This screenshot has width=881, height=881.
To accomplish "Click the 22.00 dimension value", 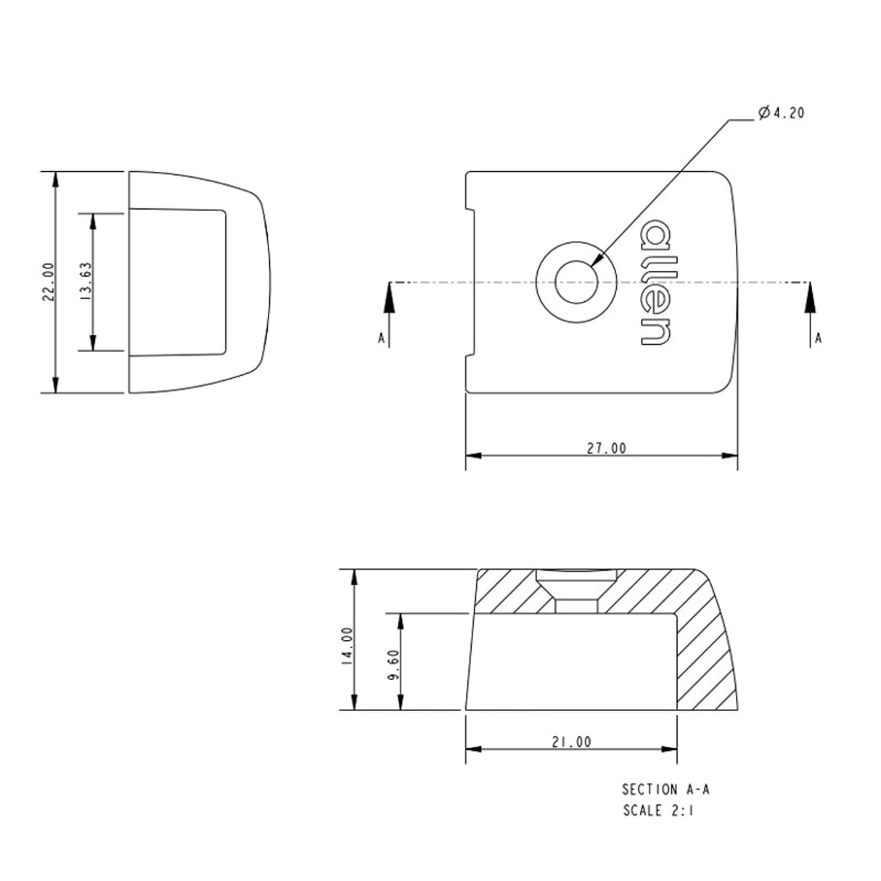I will click(48, 282).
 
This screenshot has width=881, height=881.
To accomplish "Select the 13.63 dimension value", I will click(86, 282).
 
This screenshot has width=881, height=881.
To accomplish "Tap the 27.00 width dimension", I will click(606, 448).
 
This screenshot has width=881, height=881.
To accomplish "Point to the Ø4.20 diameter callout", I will click(780, 113).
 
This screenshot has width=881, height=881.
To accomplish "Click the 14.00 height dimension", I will click(347, 646).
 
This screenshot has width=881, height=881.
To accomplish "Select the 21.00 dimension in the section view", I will click(571, 742).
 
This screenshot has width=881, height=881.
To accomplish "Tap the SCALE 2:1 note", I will click(658, 811).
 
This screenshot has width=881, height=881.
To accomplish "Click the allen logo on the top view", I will click(655, 282).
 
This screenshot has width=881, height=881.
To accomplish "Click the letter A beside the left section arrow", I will click(380, 338).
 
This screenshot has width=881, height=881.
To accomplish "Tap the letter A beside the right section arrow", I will click(819, 338).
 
